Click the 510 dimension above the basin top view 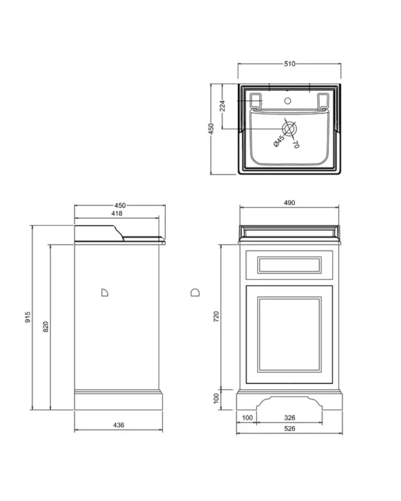click(289, 64)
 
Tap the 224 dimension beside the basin click(222, 106)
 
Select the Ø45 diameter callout click(279, 141)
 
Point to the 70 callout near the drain click(296, 144)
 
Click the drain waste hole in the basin click(289, 129)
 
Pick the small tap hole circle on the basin click(288, 101)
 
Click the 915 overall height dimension click(28, 317)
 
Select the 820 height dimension click(46, 327)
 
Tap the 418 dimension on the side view click(117, 213)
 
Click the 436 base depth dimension click(119, 425)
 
